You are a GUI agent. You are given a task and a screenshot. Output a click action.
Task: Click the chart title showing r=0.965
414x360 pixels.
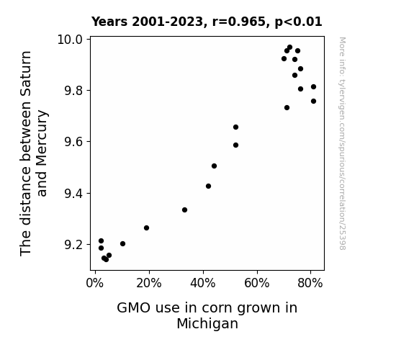click(207, 22)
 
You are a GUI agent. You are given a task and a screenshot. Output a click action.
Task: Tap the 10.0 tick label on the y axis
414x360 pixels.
click(70, 40)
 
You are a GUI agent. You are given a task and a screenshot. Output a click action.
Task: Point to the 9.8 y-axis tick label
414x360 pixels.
click(73, 91)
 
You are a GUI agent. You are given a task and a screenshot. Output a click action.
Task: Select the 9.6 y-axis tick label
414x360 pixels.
click(73, 142)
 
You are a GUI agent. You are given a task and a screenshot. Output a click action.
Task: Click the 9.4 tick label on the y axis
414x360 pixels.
click(73, 194)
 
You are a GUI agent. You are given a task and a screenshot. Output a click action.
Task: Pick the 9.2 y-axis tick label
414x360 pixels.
click(73, 245)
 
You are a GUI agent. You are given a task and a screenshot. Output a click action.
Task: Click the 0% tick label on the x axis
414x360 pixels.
click(95, 283)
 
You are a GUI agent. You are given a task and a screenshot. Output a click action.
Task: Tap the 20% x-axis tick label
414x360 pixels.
click(149, 283)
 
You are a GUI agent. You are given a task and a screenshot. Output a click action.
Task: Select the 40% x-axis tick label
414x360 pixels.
click(203, 283)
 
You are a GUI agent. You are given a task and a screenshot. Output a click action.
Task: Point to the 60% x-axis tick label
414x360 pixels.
click(257, 283)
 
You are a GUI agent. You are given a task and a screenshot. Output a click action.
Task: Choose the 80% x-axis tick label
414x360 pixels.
click(310, 283)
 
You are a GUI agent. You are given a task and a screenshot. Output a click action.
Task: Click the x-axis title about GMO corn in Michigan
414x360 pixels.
click(207, 315)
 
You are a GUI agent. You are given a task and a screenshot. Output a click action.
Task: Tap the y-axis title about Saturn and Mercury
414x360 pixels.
click(34, 153)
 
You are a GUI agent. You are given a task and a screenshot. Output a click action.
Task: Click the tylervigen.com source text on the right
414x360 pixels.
click(342, 143)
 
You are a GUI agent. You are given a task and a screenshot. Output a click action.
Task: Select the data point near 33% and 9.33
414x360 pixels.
click(184, 210)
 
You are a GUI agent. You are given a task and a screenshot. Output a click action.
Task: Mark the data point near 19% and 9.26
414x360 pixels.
click(147, 228)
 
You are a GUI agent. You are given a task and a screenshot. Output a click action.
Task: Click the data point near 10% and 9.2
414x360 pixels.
click(123, 244)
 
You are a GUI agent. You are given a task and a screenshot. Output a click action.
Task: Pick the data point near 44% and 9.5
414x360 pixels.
click(214, 166)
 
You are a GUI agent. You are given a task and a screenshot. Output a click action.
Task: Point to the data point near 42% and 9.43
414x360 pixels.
click(208, 186)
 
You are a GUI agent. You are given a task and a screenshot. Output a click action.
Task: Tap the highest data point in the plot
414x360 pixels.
click(289, 48)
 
